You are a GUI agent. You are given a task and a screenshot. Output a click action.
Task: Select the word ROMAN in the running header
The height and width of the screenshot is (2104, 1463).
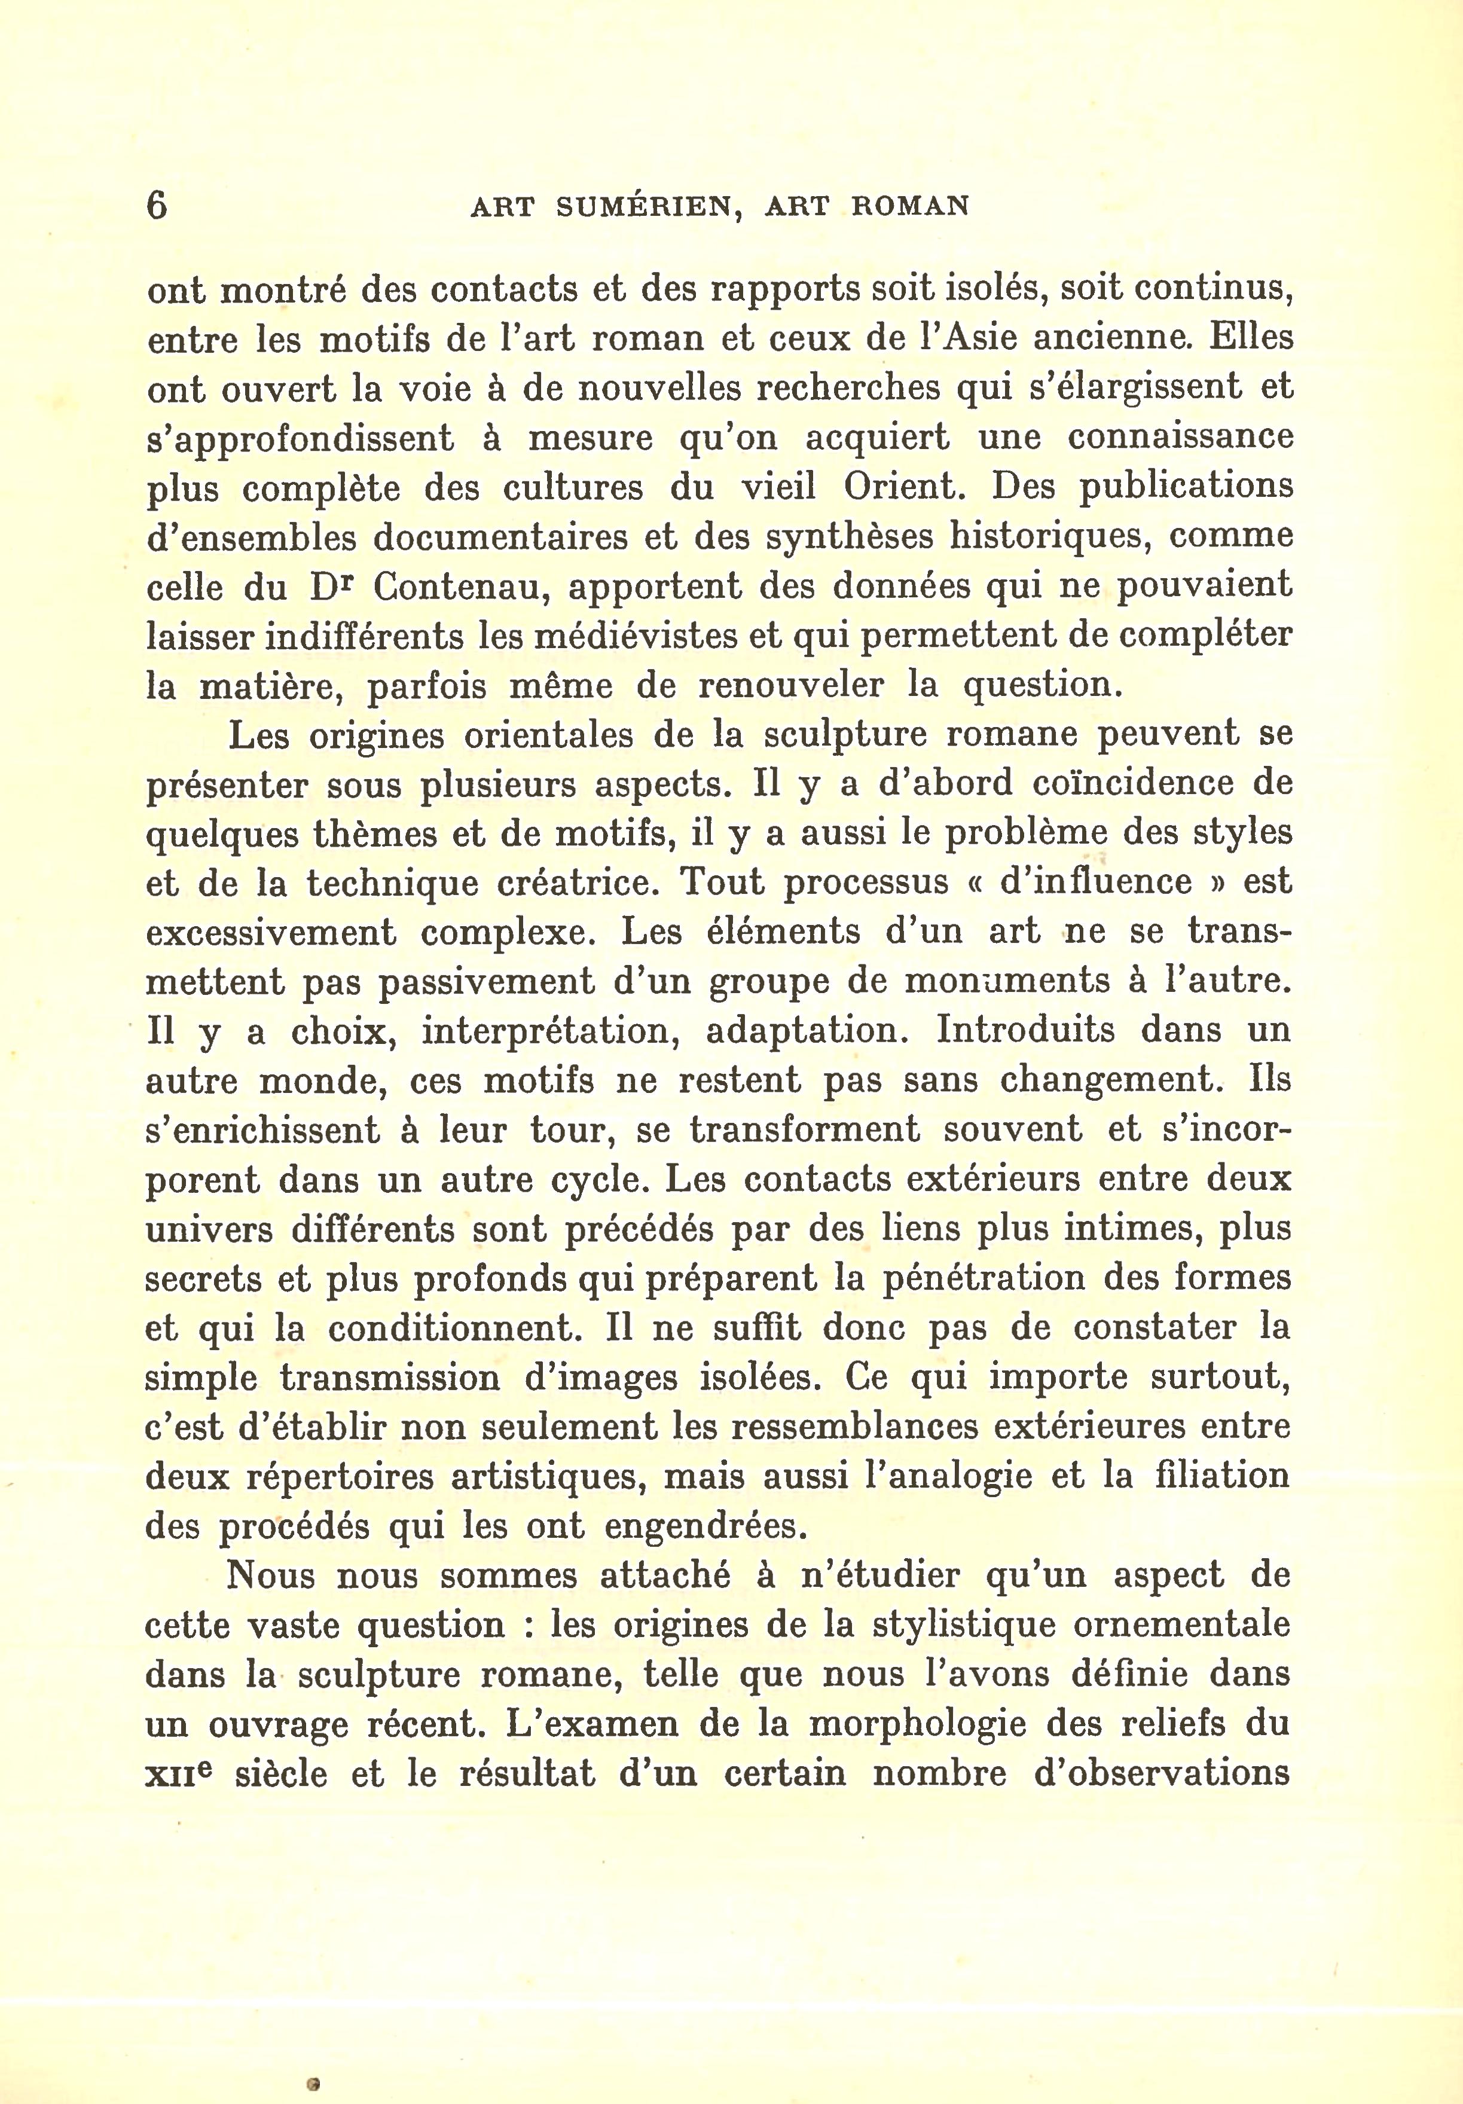pos(910,206)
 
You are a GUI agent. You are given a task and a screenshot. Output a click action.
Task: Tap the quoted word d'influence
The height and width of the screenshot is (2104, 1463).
pos(1096,881)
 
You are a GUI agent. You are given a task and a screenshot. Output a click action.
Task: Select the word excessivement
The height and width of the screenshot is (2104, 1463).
pos(271,933)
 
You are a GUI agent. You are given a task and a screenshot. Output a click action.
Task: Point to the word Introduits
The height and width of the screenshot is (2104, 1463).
pos(1025,1030)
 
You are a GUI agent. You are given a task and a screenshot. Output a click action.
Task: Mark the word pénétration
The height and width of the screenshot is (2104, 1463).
pos(984,1278)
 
